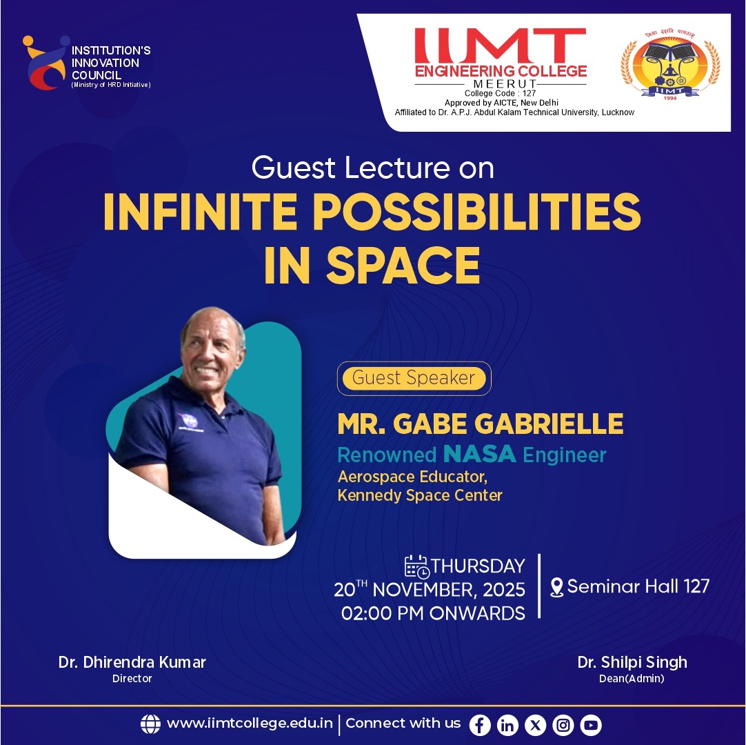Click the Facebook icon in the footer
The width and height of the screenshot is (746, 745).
[480, 725]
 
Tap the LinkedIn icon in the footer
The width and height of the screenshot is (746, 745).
[507, 725]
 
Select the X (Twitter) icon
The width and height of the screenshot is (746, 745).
[535, 725]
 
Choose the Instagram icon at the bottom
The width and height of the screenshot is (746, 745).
[563, 725]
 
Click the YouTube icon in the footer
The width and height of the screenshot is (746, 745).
[591, 725]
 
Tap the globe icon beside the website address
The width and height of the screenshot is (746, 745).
[150, 724]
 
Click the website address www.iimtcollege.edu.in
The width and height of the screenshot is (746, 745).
[250, 724]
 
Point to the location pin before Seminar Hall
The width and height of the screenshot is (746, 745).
[557, 588]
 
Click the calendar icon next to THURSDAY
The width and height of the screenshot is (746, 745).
[416, 566]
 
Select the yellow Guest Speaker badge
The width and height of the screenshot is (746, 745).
[414, 378]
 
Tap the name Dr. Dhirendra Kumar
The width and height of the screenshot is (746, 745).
[132, 663]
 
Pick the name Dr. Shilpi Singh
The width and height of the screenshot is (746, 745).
[632, 663]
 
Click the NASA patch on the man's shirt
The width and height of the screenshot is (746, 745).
[188, 420]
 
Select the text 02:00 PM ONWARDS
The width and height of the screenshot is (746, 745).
[433, 613]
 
